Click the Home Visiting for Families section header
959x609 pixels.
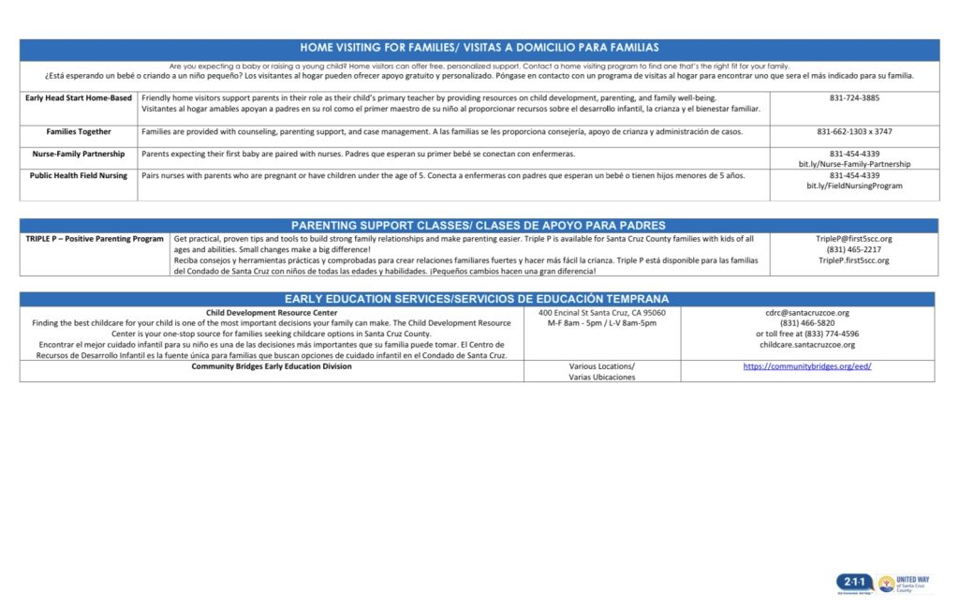pyautogui.click(x=479, y=47)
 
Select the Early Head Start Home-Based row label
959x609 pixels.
pyautogui.click(x=79, y=97)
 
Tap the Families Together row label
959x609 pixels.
pyautogui.click(x=79, y=132)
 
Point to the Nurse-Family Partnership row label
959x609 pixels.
pyautogui.click(x=79, y=154)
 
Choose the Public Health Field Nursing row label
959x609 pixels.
pyautogui.click(x=79, y=175)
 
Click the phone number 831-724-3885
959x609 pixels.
pyautogui.click(x=854, y=97)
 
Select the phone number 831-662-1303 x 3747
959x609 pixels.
pyautogui.click(x=854, y=132)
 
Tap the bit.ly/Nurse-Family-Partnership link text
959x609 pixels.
pyautogui.click(x=854, y=164)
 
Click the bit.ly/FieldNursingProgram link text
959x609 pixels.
pyautogui.click(x=854, y=186)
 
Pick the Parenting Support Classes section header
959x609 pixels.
pyautogui.click(x=479, y=226)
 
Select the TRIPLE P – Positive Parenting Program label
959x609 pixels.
pyautogui.click(x=95, y=239)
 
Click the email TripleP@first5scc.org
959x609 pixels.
pyautogui.click(x=854, y=239)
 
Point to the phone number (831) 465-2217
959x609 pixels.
pyautogui.click(x=854, y=249)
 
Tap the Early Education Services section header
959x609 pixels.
pyautogui.click(x=479, y=299)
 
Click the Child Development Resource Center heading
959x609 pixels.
pyautogui.click(x=272, y=312)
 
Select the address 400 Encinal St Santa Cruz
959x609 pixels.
pyautogui.click(x=602, y=312)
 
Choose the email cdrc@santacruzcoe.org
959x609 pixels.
pyautogui.click(x=807, y=312)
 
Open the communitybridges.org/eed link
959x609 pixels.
pyautogui.click(x=807, y=366)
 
